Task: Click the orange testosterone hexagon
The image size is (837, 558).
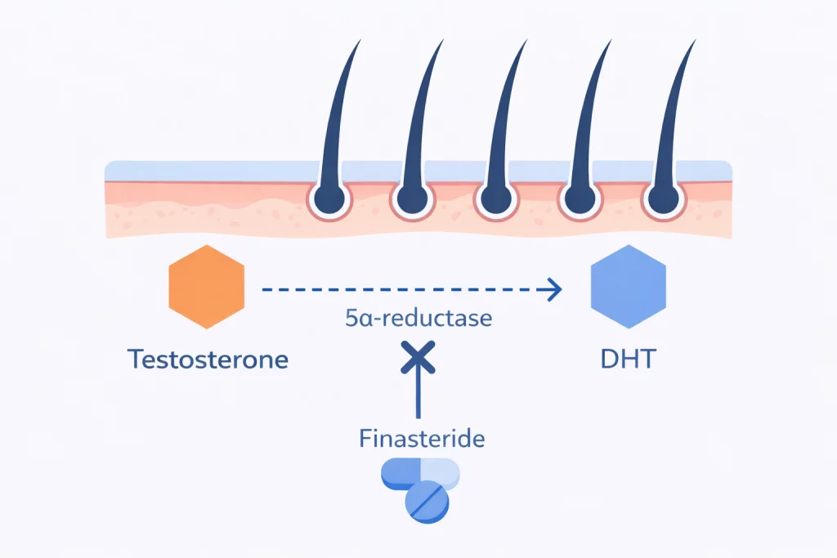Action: coord(207,287)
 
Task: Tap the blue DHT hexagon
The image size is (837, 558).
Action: coord(628,287)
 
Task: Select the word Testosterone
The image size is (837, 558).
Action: coord(208,359)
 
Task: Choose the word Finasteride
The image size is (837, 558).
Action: coord(422,439)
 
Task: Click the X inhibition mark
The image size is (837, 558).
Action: coord(418,356)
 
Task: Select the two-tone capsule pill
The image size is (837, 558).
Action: coord(420,475)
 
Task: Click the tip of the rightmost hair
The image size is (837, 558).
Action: coord(695,41)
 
